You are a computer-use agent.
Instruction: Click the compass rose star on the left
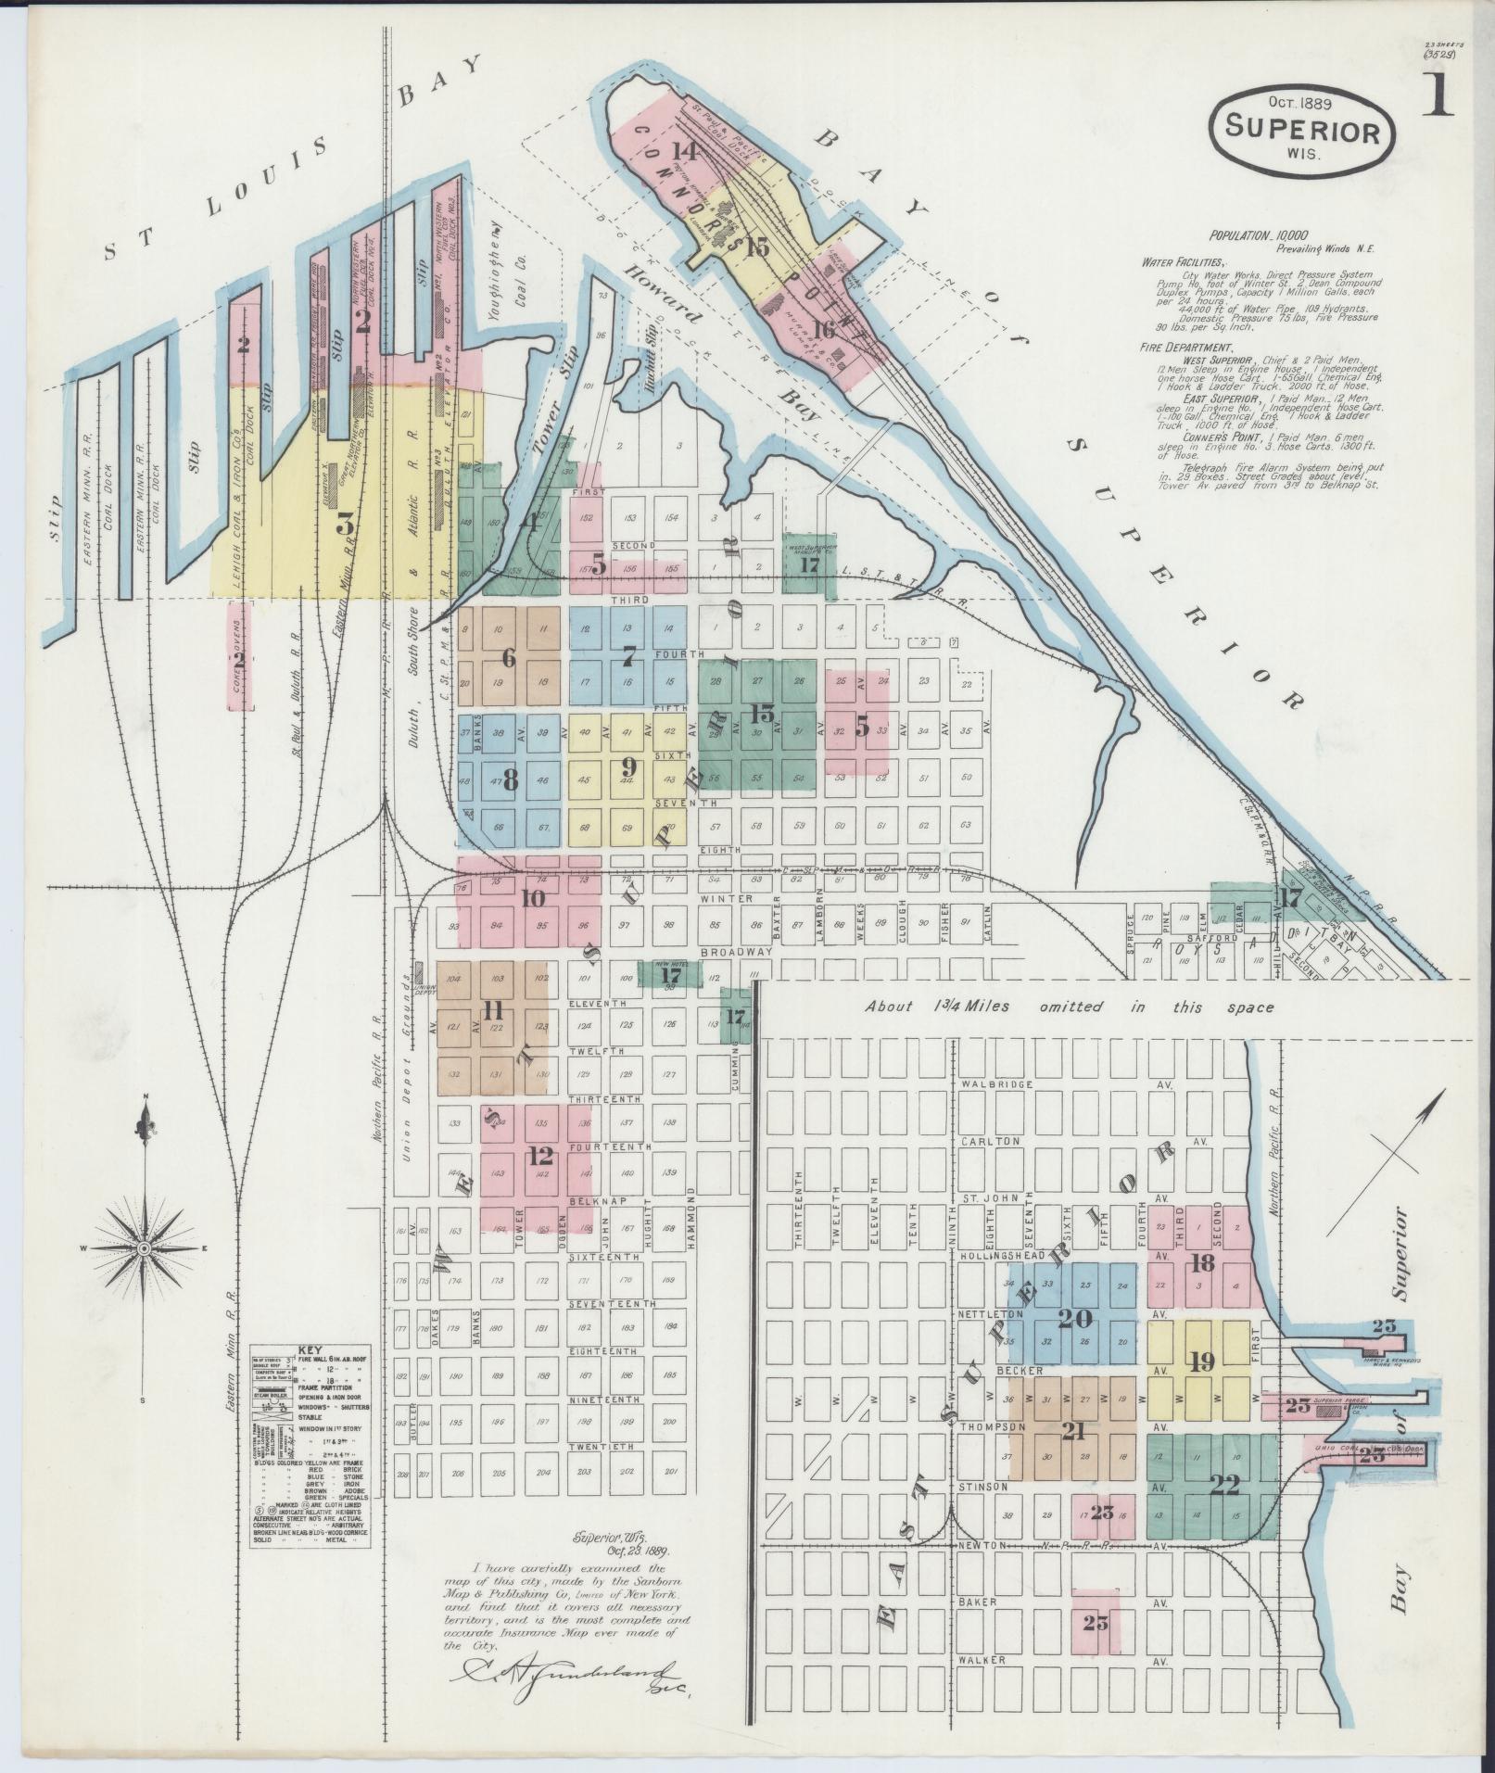pos(145,1249)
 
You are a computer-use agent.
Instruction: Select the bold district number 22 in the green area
pos(1224,1486)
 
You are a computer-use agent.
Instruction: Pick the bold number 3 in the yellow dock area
pos(345,526)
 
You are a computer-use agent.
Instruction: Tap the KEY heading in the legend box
pos(307,1350)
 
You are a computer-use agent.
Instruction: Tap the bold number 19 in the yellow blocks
pos(1202,1362)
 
